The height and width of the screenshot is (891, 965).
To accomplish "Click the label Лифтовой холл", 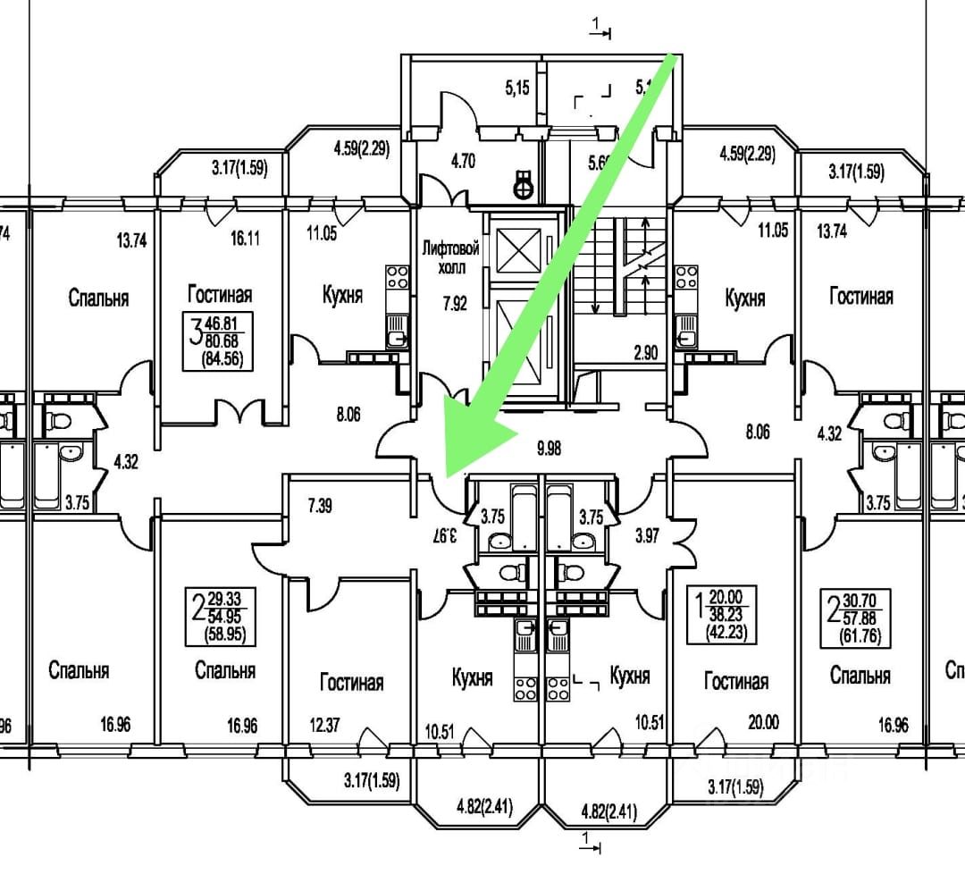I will click(x=450, y=257).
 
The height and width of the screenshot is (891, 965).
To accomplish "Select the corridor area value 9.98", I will click(x=549, y=448).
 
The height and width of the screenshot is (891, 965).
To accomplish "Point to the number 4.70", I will click(x=462, y=163).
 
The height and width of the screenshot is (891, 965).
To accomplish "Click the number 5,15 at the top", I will click(x=518, y=88).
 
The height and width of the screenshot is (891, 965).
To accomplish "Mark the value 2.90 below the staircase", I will click(x=645, y=353).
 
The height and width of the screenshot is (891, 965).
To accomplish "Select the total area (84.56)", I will click(x=215, y=360).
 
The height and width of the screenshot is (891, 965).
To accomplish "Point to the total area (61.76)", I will click(x=855, y=635).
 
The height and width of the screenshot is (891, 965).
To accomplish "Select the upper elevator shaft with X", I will click(x=517, y=249).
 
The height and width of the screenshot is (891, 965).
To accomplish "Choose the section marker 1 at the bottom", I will click(x=586, y=839).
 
